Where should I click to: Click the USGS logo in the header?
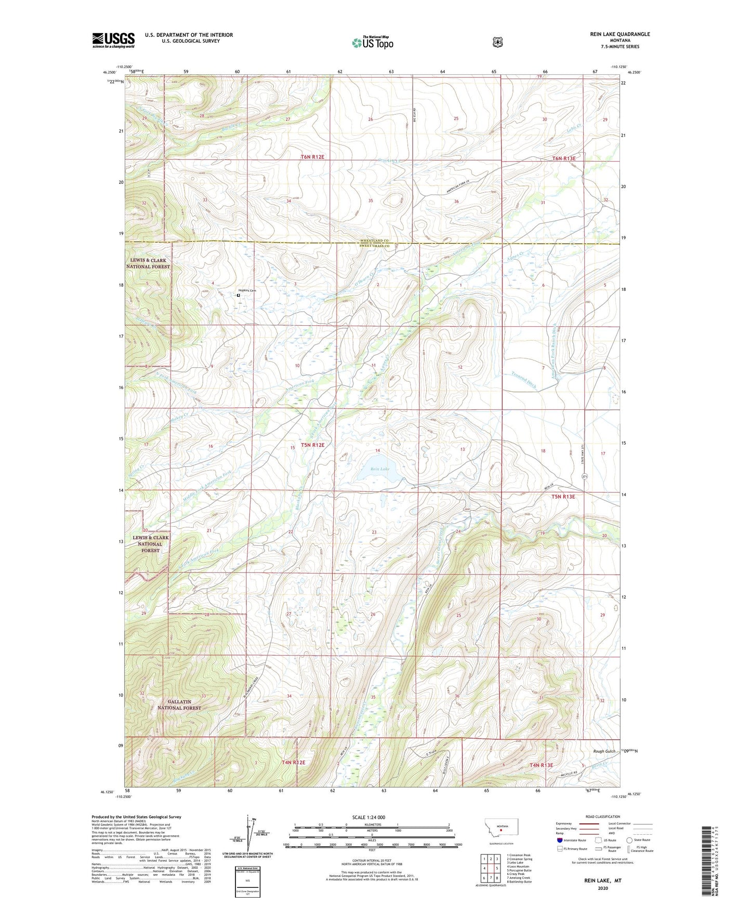click(x=113, y=40)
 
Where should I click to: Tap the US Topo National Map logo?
click(x=372, y=42)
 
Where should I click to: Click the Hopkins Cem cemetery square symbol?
click(x=239, y=296)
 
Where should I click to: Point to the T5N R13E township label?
click(x=563, y=497)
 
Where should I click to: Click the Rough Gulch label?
click(x=604, y=751)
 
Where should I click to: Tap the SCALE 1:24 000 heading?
click(x=369, y=817)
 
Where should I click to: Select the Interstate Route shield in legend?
click(x=559, y=840)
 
